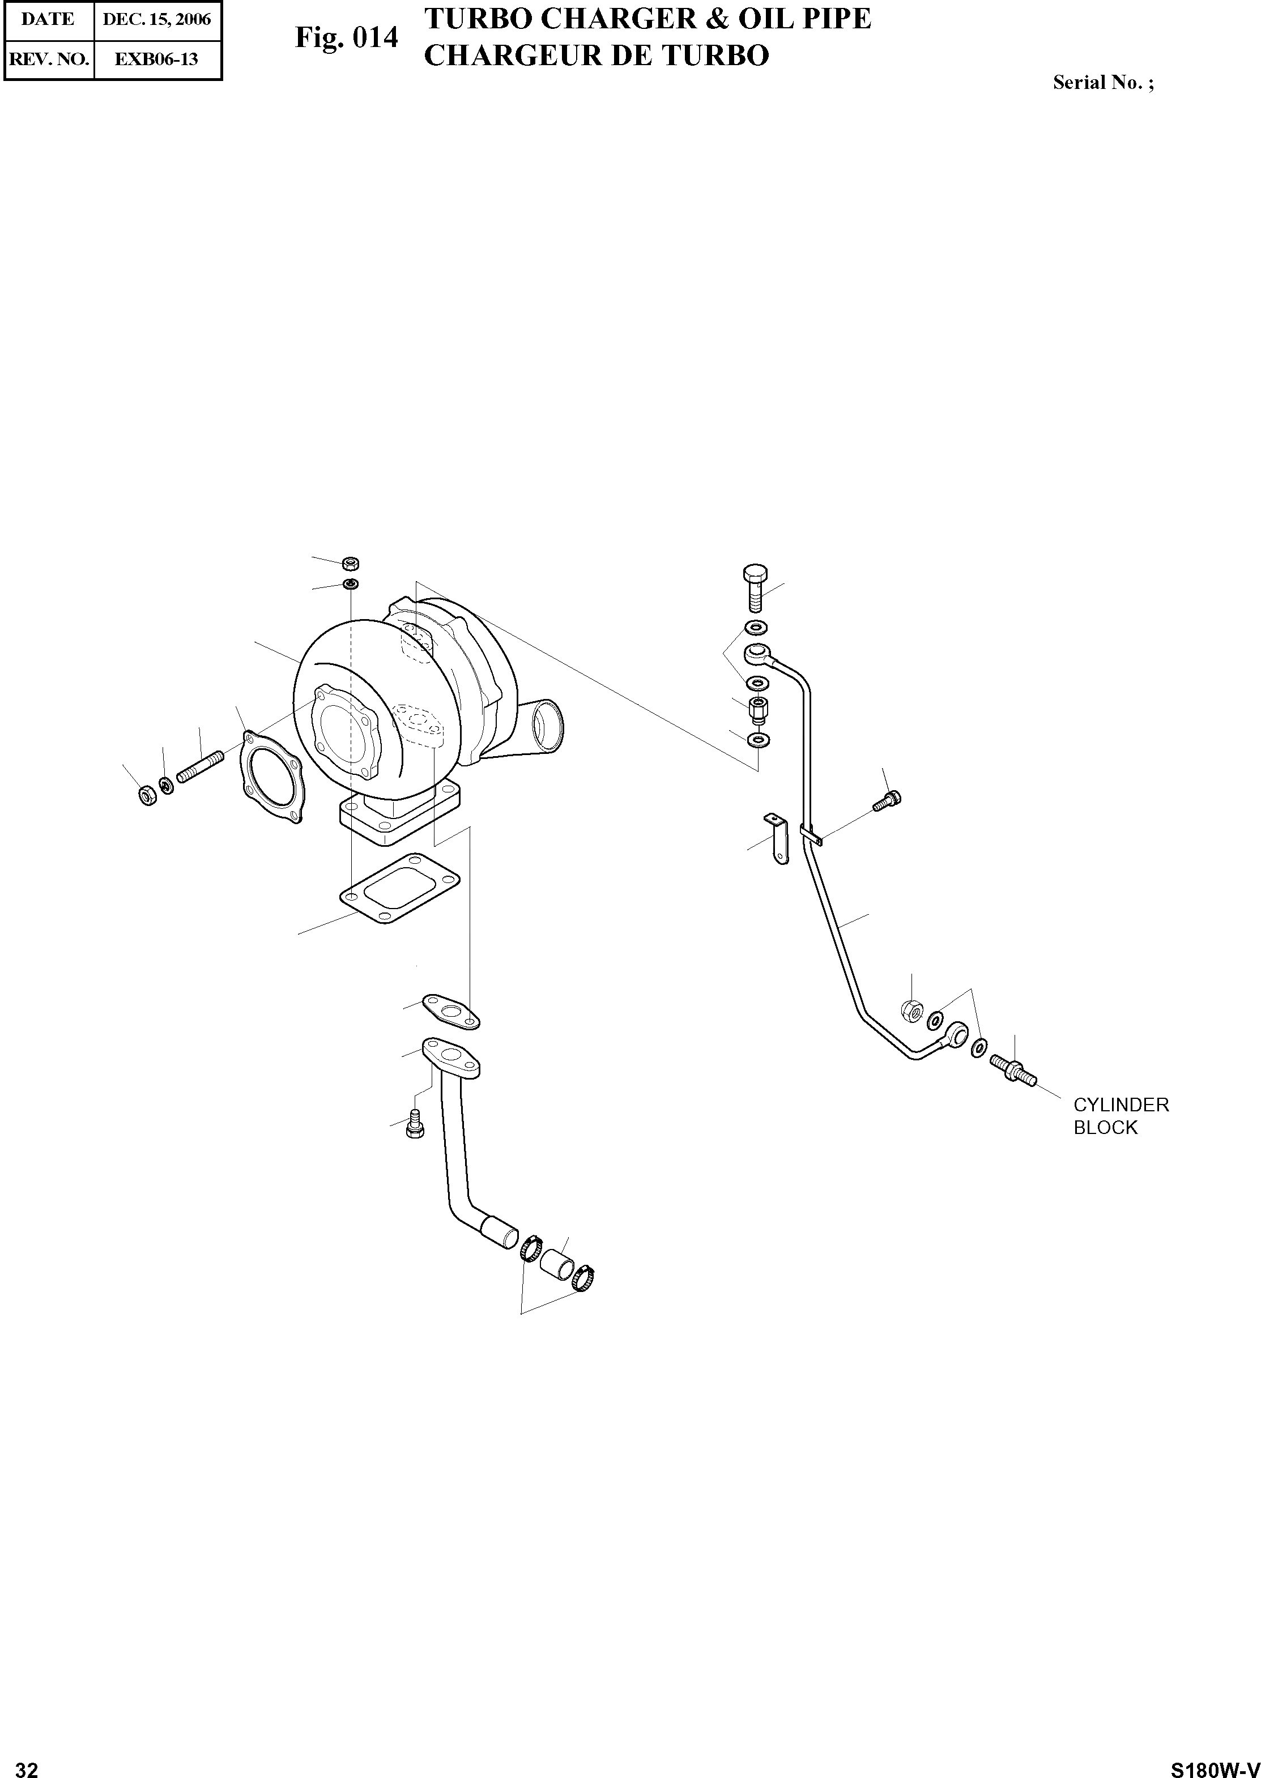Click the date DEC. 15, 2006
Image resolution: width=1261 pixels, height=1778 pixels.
(x=157, y=19)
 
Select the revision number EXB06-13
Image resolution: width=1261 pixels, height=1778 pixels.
(x=157, y=59)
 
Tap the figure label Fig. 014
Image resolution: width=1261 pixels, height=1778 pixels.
(x=346, y=37)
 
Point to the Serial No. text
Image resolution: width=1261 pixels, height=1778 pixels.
(x=1102, y=83)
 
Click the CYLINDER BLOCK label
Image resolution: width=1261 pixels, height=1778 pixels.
(x=1121, y=1116)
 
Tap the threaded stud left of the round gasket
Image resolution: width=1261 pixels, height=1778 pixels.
(x=201, y=766)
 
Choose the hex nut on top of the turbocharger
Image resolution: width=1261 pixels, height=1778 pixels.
(x=350, y=563)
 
